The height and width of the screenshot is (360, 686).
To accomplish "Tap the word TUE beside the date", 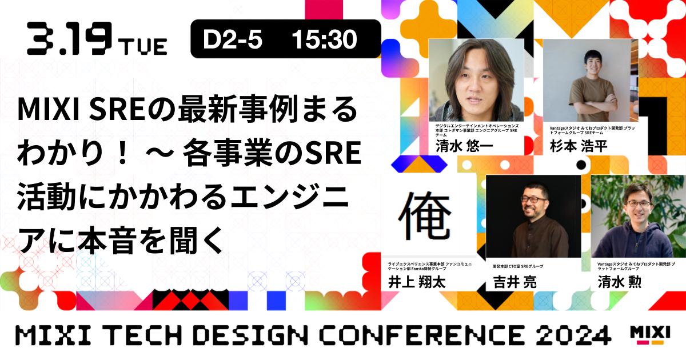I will click(143, 45).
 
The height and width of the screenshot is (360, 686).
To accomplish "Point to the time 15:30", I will click(324, 39).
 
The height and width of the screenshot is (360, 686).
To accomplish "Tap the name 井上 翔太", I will click(412, 281).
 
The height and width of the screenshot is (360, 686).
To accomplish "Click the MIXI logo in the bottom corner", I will click(646, 334).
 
